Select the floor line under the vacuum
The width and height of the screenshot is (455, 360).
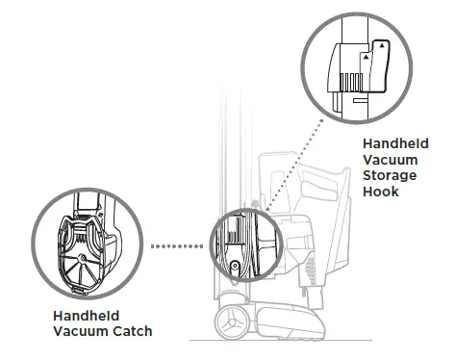(317, 338)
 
